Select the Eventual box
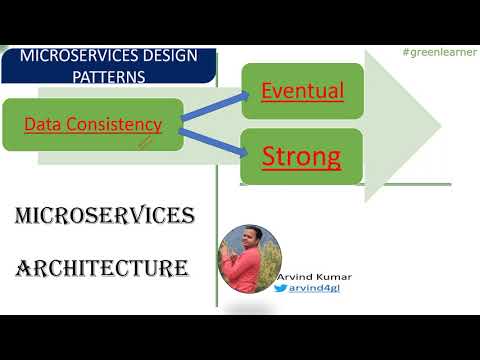[301, 91]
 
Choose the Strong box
[301, 156]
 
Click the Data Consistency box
[93, 124]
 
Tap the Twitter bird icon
[281, 288]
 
